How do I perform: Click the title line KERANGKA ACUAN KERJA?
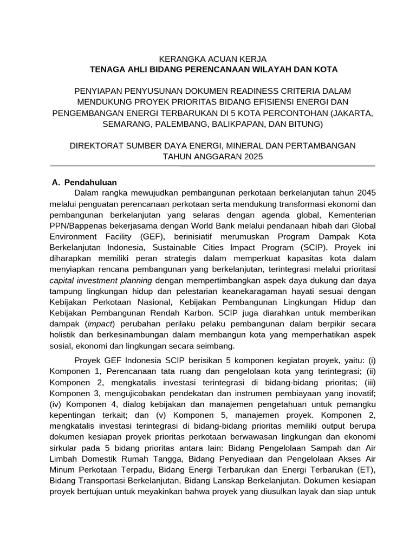pyautogui.click(x=212, y=59)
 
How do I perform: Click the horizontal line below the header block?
pyautogui.click(x=212, y=165)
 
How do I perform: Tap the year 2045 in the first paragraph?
pyautogui.click(x=364, y=193)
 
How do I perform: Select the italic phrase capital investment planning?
pyautogui.click(x=101, y=280)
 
